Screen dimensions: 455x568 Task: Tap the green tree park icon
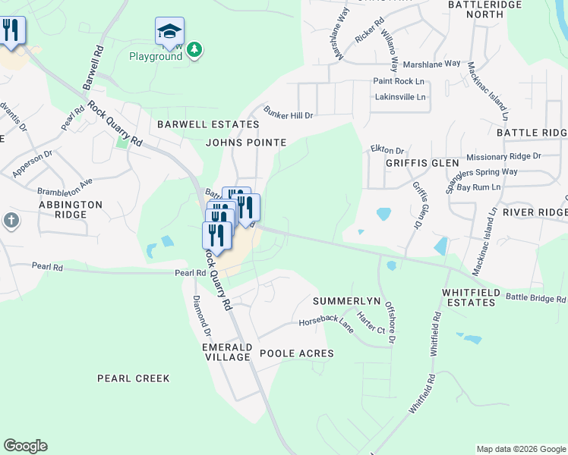pos(195,49)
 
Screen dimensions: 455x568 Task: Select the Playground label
pos(155,57)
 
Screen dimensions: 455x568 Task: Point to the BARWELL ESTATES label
pos(207,124)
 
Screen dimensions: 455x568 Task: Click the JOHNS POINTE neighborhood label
pos(246,142)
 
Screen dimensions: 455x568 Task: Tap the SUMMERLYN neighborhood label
pos(346,301)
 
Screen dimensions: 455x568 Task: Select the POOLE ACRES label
pos(296,353)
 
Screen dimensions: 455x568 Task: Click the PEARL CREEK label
pos(134,378)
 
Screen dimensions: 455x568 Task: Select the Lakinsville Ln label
pos(400,97)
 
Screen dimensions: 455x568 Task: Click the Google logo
pos(25,446)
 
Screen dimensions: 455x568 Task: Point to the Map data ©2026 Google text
pos(520,449)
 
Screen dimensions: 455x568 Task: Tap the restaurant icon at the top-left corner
pos(11,31)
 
